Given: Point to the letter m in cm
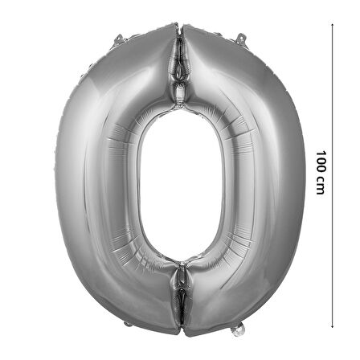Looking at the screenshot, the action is tap(321, 189).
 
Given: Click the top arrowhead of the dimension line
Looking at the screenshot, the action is tap(332, 24).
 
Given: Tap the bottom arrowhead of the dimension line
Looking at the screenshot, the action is tap(332, 326).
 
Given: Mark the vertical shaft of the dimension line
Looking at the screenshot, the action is tap(332, 175).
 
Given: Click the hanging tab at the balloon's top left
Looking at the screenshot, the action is tap(118, 39).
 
